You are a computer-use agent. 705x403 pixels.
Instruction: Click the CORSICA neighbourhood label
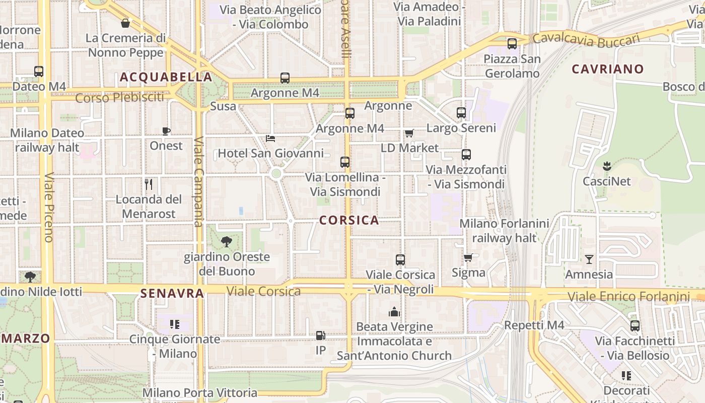(x=349, y=220)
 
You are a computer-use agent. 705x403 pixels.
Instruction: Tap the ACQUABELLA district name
(x=166, y=77)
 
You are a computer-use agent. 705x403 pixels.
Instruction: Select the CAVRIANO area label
(x=608, y=69)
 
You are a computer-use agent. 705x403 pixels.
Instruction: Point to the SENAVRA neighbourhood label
(x=172, y=293)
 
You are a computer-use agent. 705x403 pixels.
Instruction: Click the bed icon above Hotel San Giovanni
(x=270, y=138)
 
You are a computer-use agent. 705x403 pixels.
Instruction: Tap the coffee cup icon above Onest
(x=166, y=131)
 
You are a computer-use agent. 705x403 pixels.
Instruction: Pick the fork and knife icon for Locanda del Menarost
(x=149, y=184)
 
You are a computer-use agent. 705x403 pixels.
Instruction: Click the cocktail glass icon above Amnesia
(x=589, y=259)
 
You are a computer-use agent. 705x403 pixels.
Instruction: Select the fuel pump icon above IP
(x=320, y=335)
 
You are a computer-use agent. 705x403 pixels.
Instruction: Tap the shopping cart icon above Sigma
(x=468, y=258)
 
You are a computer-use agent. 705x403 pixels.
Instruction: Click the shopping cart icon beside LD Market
(x=409, y=133)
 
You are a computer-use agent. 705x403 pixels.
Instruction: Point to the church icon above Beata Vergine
(x=394, y=312)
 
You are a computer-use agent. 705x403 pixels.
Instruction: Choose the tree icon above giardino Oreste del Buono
(x=227, y=242)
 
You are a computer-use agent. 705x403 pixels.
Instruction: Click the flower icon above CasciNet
(x=606, y=166)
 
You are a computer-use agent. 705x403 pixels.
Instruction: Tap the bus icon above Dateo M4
(x=39, y=72)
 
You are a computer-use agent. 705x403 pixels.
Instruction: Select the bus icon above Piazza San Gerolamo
(x=512, y=44)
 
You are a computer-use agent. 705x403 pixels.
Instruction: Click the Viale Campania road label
(x=199, y=181)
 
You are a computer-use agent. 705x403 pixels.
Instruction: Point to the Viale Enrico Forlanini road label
(x=628, y=296)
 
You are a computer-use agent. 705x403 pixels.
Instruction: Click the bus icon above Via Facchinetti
(x=635, y=326)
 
